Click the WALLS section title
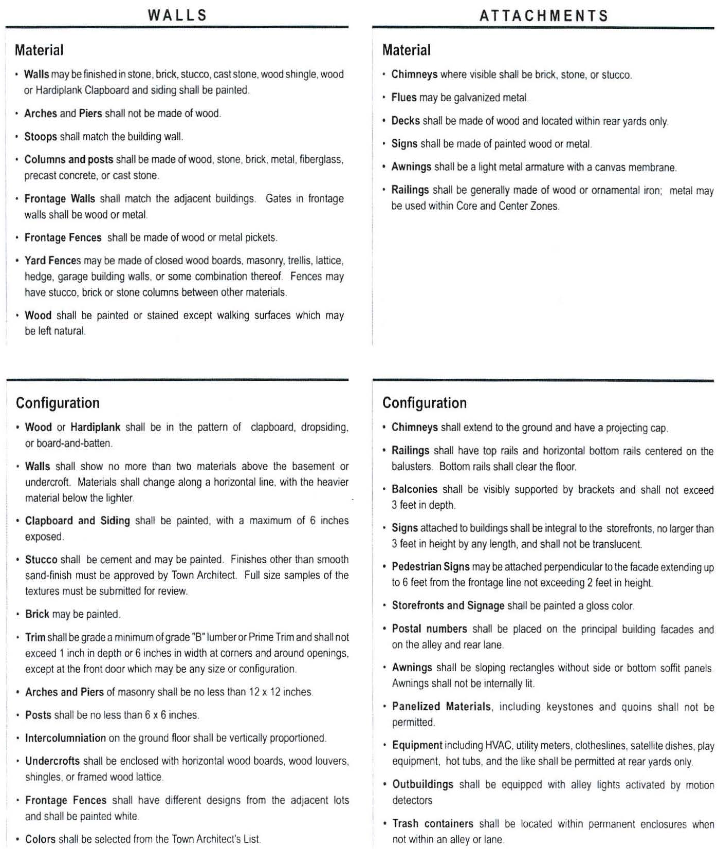click(x=177, y=15)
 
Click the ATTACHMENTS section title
click(x=544, y=16)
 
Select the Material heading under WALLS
click(x=39, y=50)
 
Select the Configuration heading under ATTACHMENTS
click(x=425, y=403)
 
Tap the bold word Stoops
click(x=41, y=137)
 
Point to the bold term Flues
click(x=404, y=98)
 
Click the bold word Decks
click(x=406, y=121)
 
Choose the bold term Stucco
click(x=42, y=559)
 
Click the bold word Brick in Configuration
click(x=37, y=614)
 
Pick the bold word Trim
click(x=35, y=637)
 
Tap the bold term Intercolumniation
click(x=65, y=738)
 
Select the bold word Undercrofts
click(x=52, y=761)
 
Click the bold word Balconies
click(x=414, y=489)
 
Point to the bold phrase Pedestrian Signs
click(x=431, y=567)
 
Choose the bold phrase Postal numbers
click(x=429, y=629)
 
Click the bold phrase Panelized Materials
click(x=442, y=707)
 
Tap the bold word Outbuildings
click(x=422, y=784)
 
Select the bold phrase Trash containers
click(x=432, y=823)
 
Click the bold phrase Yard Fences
click(x=53, y=261)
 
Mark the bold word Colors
click(x=40, y=839)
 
